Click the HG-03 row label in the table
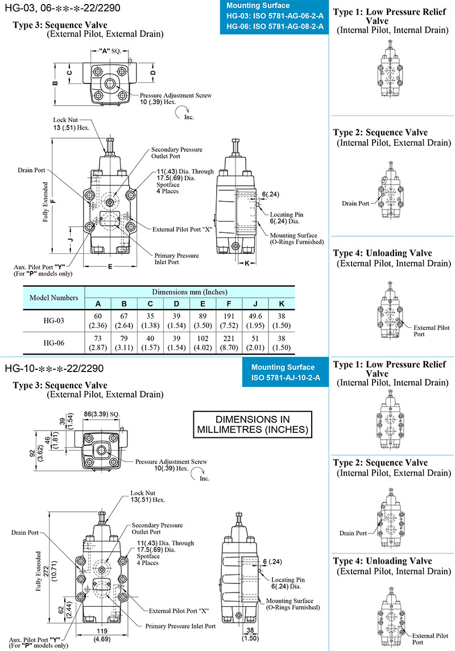point(53,321)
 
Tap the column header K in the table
point(281,303)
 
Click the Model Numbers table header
point(53,297)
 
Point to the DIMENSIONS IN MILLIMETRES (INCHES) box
point(253,424)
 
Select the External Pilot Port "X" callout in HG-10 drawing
point(179,611)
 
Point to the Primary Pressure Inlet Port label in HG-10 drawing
point(180,626)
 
